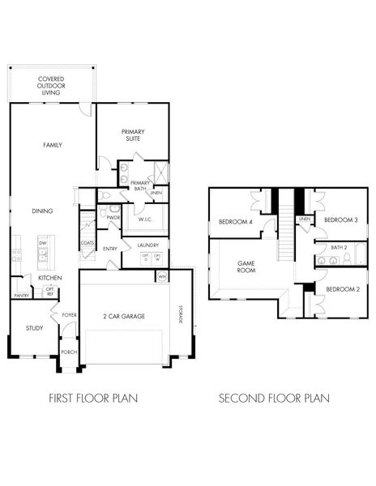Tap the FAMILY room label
[53, 145]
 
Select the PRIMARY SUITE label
[133, 135]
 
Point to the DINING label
[43, 211]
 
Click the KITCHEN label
[50, 278]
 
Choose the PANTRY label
[21, 296]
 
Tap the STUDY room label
[33, 328]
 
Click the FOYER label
[70, 315]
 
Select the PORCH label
[69, 352]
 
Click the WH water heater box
[162, 276]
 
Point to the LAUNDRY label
[147, 245]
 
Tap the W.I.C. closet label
[146, 220]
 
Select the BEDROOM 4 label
[235, 221]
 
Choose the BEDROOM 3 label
[341, 220]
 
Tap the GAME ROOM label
[246, 266]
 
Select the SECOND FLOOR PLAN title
[275, 398]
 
